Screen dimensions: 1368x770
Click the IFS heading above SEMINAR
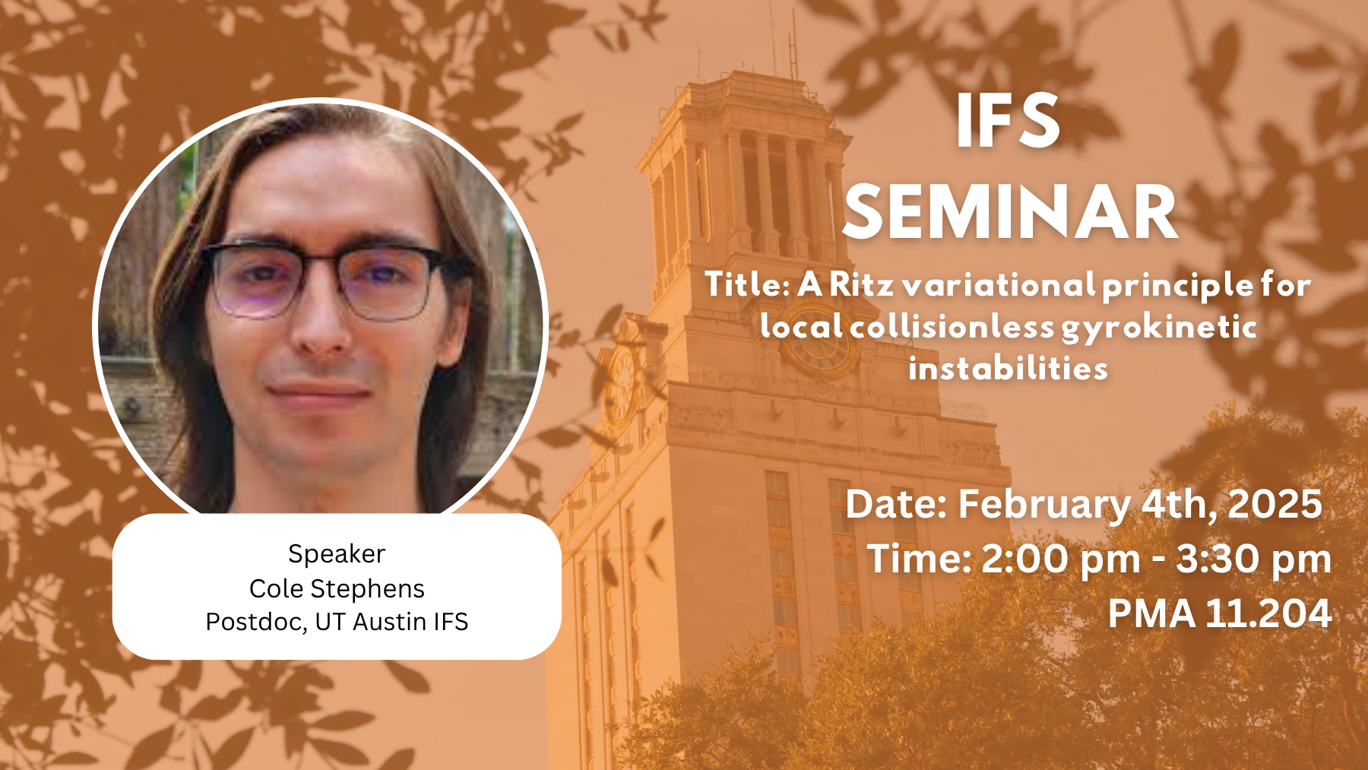pos(1008,121)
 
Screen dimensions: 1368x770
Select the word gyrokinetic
pos(1159,328)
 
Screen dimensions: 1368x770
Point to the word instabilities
pos(1008,369)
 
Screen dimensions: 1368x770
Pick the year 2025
pos(1275,504)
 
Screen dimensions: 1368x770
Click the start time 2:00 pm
pos(1061,560)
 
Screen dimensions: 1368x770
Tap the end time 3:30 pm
pos(1254,560)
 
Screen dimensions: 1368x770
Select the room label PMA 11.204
pos(1220,613)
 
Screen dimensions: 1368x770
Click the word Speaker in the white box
pos(337,554)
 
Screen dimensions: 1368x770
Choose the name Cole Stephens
pos(337,588)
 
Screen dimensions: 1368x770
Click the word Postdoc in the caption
pos(256,622)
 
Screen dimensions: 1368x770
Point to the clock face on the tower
pos(819,343)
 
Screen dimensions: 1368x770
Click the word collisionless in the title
pos(952,327)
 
